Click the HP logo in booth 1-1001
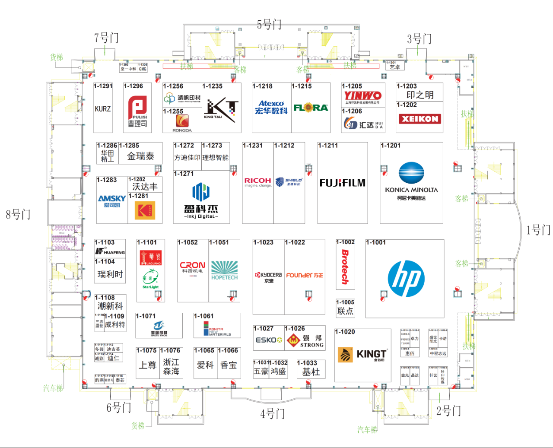point(406,279)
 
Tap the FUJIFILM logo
point(342,183)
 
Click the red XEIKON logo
point(420,119)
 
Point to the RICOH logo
point(257,181)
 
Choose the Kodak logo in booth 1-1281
point(145,210)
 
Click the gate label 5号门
point(269,25)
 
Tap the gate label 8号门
point(18,214)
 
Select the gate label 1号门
point(538,230)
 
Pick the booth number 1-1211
point(328,146)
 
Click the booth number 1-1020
point(345,332)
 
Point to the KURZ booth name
point(103,109)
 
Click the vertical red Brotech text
point(345,267)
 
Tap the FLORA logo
point(311,108)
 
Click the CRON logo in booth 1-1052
point(192,265)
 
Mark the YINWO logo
point(362,95)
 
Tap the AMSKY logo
point(112,199)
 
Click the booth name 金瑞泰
point(140,156)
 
